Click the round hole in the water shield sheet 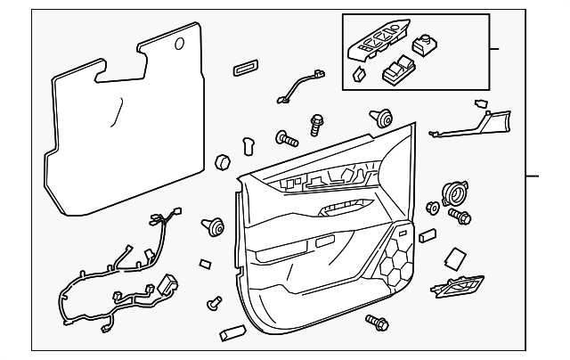point(180,44)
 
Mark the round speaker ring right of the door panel point(455,192)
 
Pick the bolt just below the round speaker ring point(460,216)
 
